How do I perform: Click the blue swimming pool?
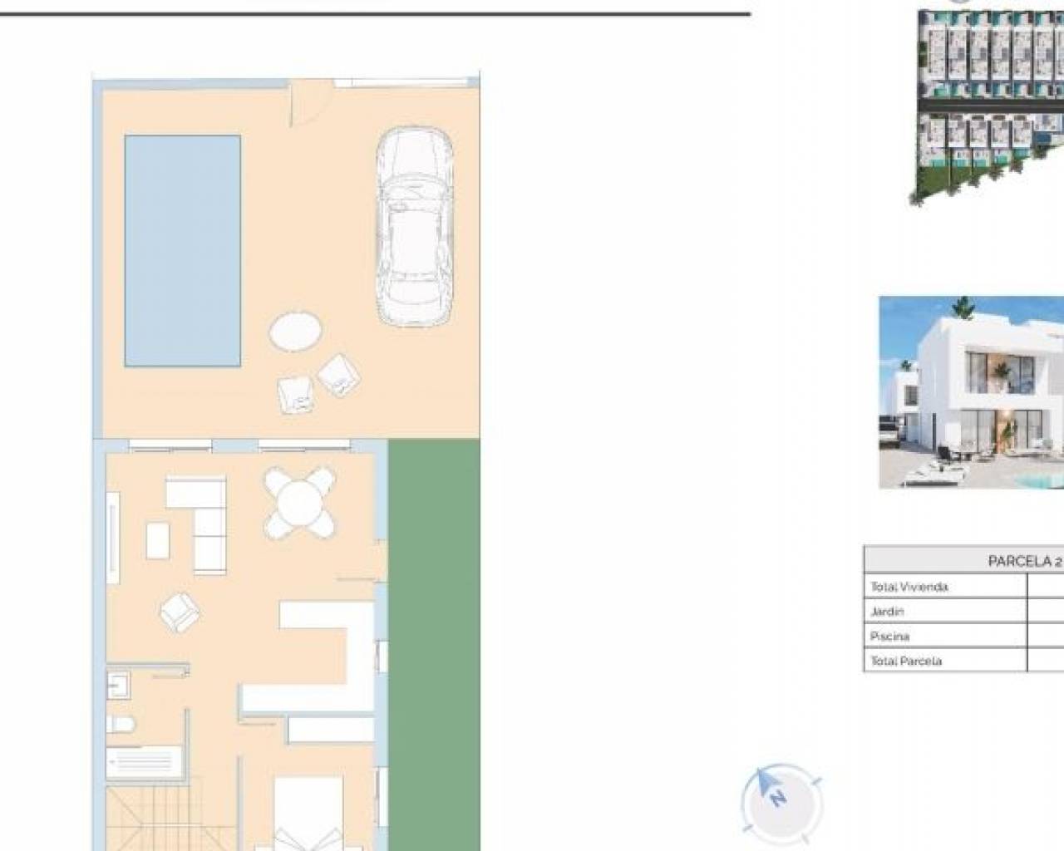pyautogui.click(x=182, y=251)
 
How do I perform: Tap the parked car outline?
pyautogui.click(x=414, y=227)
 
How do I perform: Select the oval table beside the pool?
pyautogui.click(x=295, y=332)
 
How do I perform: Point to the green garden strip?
pyautogui.click(x=434, y=644)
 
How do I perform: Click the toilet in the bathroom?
pyautogui.click(x=121, y=725)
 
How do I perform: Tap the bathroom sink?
pyautogui.click(x=119, y=685)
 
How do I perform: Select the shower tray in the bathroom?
pyautogui.click(x=145, y=761)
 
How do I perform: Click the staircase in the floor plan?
pyautogui.click(x=170, y=819)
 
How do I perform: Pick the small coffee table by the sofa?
pyautogui.click(x=158, y=541)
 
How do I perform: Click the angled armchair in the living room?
pyautogui.click(x=180, y=612)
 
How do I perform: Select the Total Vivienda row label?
pyautogui.click(x=909, y=587)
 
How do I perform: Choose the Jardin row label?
pyautogui.click(x=887, y=612)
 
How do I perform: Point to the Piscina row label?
pyautogui.click(x=890, y=637)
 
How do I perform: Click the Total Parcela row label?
pyautogui.click(x=906, y=662)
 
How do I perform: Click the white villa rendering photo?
pyautogui.click(x=971, y=392)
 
